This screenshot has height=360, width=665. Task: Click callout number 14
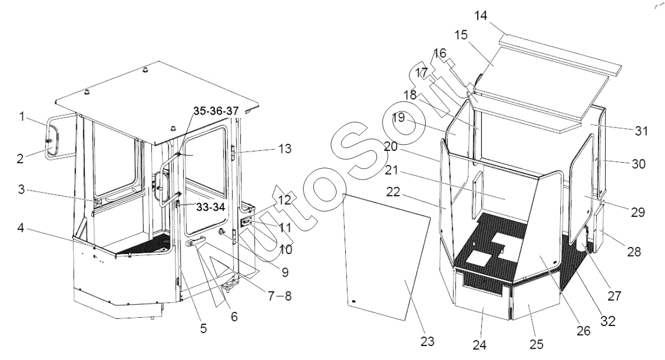point(481,16)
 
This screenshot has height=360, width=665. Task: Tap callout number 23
point(427,342)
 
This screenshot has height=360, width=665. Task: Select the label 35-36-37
point(216,111)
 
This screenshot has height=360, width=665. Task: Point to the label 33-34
point(211,207)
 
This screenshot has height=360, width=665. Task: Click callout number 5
point(203,329)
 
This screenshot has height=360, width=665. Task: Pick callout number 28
point(634,252)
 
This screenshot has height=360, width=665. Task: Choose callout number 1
point(22,116)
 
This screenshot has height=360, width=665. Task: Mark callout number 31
point(641,131)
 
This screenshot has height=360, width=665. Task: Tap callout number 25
point(536,344)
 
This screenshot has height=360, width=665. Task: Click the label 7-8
point(280,296)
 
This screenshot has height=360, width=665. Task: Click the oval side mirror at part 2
point(52,139)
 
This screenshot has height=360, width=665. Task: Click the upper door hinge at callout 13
point(233,153)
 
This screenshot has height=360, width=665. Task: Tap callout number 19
point(399,118)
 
